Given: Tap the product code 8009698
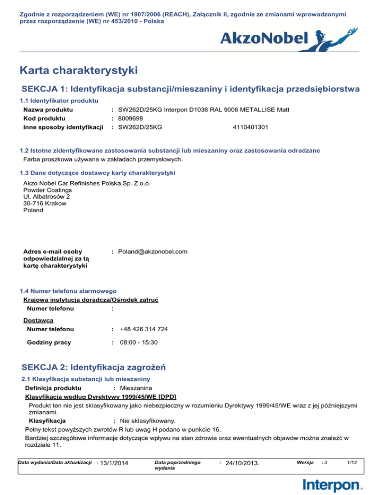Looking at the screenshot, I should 131,119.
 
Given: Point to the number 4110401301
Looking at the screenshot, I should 250,127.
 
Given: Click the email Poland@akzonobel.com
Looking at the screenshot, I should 153,252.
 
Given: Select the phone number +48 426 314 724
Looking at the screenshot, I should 144,329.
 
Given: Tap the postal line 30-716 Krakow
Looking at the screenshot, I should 44,203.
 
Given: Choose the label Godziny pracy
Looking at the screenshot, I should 49,342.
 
